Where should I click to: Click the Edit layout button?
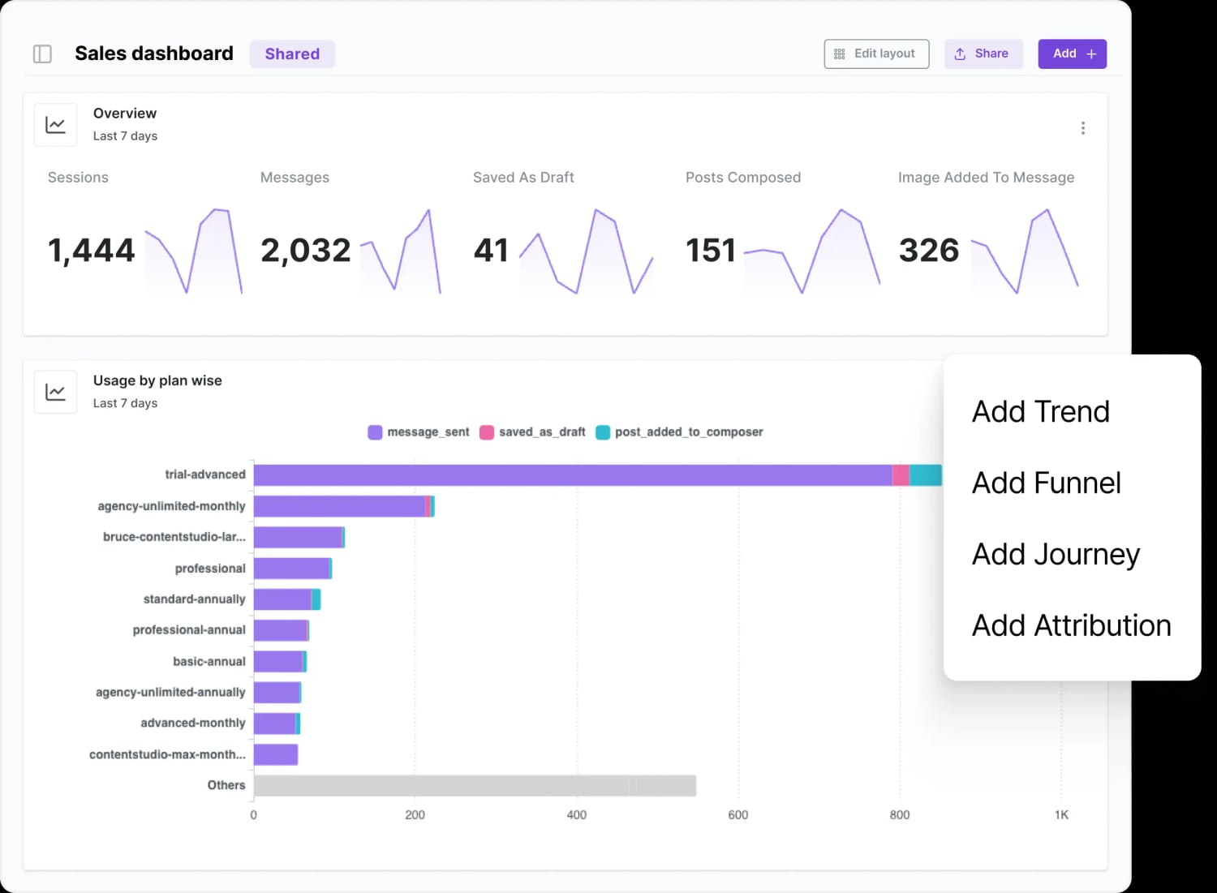(876, 54)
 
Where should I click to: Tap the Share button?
(983, 54)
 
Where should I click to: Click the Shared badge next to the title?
(292, 54)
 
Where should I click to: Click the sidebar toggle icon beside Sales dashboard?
(42, 54)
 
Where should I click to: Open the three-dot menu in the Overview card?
(1082, 128)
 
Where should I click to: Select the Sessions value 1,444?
(92, 250)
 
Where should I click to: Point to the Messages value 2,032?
(306, 250)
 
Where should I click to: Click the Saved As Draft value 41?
(491, 250)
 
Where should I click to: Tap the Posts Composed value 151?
(711, 250)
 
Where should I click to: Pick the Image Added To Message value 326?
(929, 250)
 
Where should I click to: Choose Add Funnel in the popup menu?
(1046, 483)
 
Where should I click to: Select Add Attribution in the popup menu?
(1071, 626)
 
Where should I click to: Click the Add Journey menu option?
(1056, 555)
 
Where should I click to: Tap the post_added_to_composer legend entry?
(679, 432)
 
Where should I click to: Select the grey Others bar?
(475, 785)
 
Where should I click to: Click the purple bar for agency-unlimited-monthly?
(339, 506)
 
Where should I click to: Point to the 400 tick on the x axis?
(576, 815)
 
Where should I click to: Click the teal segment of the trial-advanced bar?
(925, 475)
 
